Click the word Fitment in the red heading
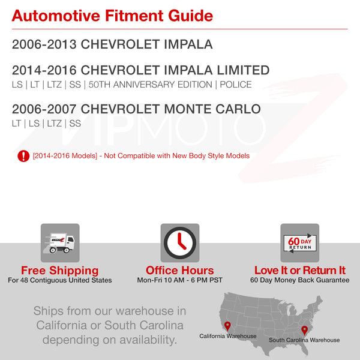coord(134,16)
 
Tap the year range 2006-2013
coord(44,44)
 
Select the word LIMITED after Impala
coord(243,70)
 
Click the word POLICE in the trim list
coord(236,85)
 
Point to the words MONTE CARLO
coord(212,109)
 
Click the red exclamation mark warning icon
coord(23,156)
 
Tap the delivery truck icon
coord(60,243)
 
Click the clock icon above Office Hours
coord(180,243)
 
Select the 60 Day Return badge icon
coord(300,243)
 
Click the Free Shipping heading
coord(59,270)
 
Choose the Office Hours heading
coord(180,270)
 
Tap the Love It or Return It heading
coord(300,270)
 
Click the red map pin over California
coord(227,326)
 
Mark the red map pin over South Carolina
coord(304,331)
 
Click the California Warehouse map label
coord(228,336)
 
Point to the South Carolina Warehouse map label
coord(304,340)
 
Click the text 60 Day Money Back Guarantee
coord(300,280)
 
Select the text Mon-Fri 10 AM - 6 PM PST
coord(180,280)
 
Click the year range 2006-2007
coord(44,109)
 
